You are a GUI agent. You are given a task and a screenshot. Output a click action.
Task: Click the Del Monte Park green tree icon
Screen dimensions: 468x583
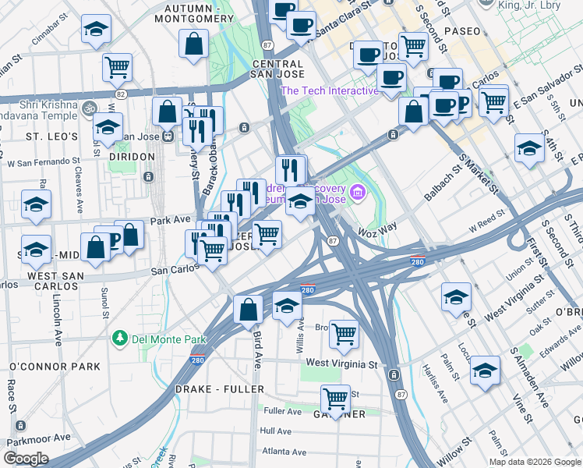pos(119,339)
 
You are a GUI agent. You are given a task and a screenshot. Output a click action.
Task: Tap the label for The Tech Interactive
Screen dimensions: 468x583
pos(329,91)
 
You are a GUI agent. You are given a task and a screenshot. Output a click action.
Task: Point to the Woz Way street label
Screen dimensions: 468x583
pos(377,232)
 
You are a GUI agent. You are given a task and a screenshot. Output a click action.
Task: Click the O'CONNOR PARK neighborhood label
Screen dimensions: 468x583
pos(55,367)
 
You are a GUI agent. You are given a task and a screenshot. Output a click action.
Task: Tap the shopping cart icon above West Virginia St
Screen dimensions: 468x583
pos(344,335)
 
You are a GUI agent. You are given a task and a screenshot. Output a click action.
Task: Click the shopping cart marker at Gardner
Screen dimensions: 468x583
pos(336,399)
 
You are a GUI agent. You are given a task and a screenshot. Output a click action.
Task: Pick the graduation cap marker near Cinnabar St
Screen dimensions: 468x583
pos(96,30)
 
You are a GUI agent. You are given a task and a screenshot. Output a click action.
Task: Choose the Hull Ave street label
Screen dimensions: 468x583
pos(276,431)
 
